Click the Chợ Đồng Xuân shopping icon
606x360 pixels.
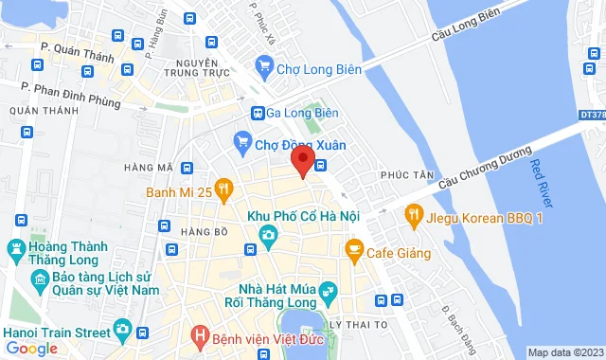coord(243,144)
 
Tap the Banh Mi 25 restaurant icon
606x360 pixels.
coord(223,191)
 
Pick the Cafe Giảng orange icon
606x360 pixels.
coord(354,252)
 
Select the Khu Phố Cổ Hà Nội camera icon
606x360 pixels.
coord(269,234)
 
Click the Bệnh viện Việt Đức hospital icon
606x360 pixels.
coord(201,334)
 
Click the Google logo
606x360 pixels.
coord(31,348)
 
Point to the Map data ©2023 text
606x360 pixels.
coord(564,352)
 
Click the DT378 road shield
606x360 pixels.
coord(591,114)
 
